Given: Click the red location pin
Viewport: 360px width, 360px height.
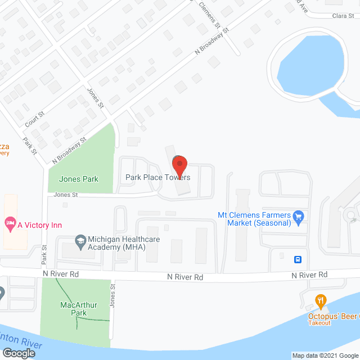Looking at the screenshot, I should coord(179,165).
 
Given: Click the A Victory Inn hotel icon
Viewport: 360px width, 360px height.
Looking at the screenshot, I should coord(10,224).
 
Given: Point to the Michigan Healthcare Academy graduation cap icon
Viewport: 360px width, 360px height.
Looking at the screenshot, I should coord(80,240).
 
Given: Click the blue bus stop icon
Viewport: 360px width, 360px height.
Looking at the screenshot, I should coord(298,259).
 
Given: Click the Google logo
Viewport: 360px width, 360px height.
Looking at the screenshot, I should coord(18,353).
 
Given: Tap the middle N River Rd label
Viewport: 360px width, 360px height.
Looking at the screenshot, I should coord(184,277).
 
